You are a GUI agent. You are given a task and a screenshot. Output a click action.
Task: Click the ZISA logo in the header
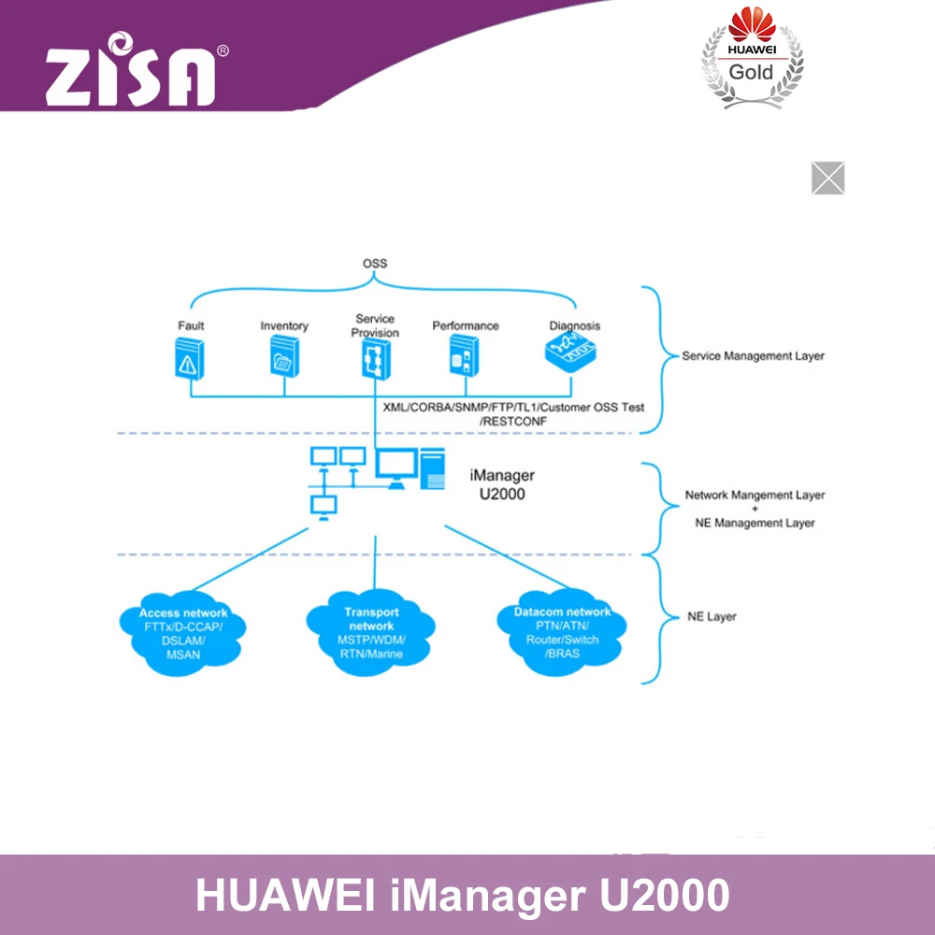pyautogui.click(x=131, y=71)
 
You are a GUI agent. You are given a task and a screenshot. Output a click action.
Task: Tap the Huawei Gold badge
pyautogui.click(x=752, y=58)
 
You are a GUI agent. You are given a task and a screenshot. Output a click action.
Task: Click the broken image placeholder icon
pyautogui.click(x=827, y=178)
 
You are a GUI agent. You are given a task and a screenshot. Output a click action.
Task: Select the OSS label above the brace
pyautogui.click(x=374, y=264)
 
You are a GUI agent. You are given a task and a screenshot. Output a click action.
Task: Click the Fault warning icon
pyautogui.click(x=190, y=359)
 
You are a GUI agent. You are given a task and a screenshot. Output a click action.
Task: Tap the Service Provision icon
pyautogui.click(x=375, y=359)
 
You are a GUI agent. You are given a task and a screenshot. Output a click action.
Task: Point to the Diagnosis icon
pyautogui.click(x=571, y=353)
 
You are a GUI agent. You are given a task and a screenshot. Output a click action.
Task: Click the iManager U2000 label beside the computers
pyautogui.click(x=502, y=484)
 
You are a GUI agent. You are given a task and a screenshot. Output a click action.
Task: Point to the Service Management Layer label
pyautogui.click(x=753, y=356)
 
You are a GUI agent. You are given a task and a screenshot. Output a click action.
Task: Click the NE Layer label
pyautogui.click(x=712, y=617)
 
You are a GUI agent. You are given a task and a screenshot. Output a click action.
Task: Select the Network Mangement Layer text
pyautogui.click(x=755, y=496)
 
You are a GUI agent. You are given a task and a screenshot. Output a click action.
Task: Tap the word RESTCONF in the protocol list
pyautogui.click(x=511, y=423)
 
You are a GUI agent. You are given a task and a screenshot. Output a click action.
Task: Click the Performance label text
pyautogui.click(x=465, y=326)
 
